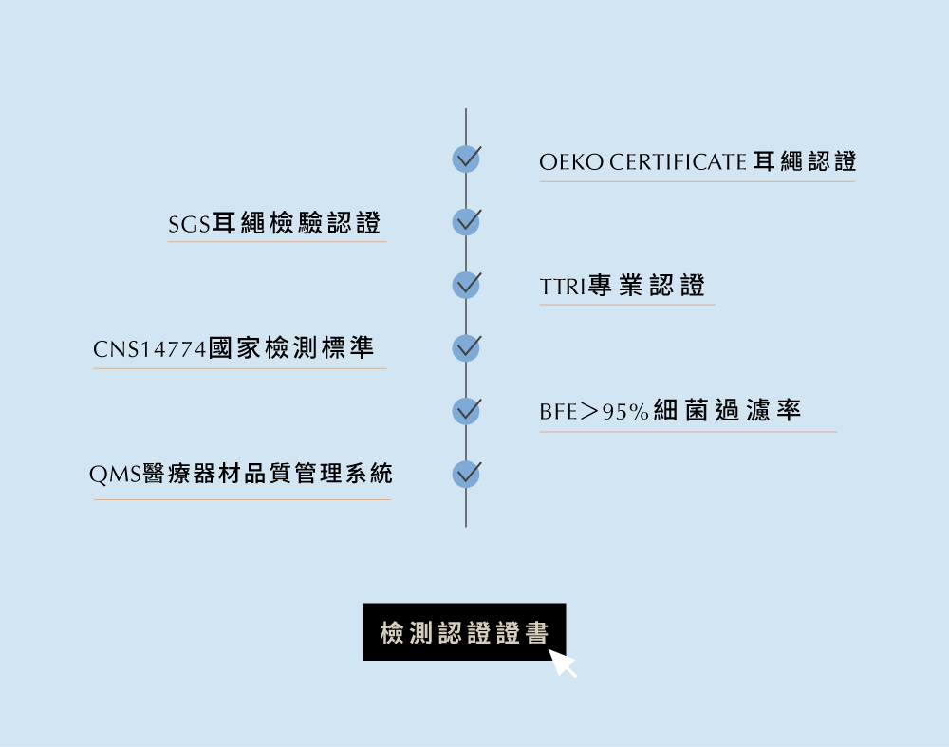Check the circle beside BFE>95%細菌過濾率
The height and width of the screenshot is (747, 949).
tap(466, 411)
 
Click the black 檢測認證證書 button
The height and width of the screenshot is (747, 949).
tap(464, 631)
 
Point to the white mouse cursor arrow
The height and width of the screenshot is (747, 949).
tap(562, 663)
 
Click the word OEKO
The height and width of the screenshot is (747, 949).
tap(571, 162)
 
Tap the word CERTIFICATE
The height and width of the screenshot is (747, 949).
tap(678, 162)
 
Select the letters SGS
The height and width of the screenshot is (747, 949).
tap(189, 225)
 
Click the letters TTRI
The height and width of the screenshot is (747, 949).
tap(563, 287)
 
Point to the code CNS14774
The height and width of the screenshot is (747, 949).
tap(150, 349)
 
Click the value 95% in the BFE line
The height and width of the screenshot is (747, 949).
tap(625, 412)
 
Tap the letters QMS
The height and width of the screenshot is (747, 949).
tap(115, 474)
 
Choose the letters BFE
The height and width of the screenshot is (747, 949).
tap(558, 412)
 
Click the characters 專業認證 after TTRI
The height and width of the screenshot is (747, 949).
tap(646, 285)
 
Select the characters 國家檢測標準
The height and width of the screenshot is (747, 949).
tap(291, 348)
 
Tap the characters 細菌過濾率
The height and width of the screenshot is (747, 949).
tap(727, 410)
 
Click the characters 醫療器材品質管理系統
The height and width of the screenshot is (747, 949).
tap(268, 474)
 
